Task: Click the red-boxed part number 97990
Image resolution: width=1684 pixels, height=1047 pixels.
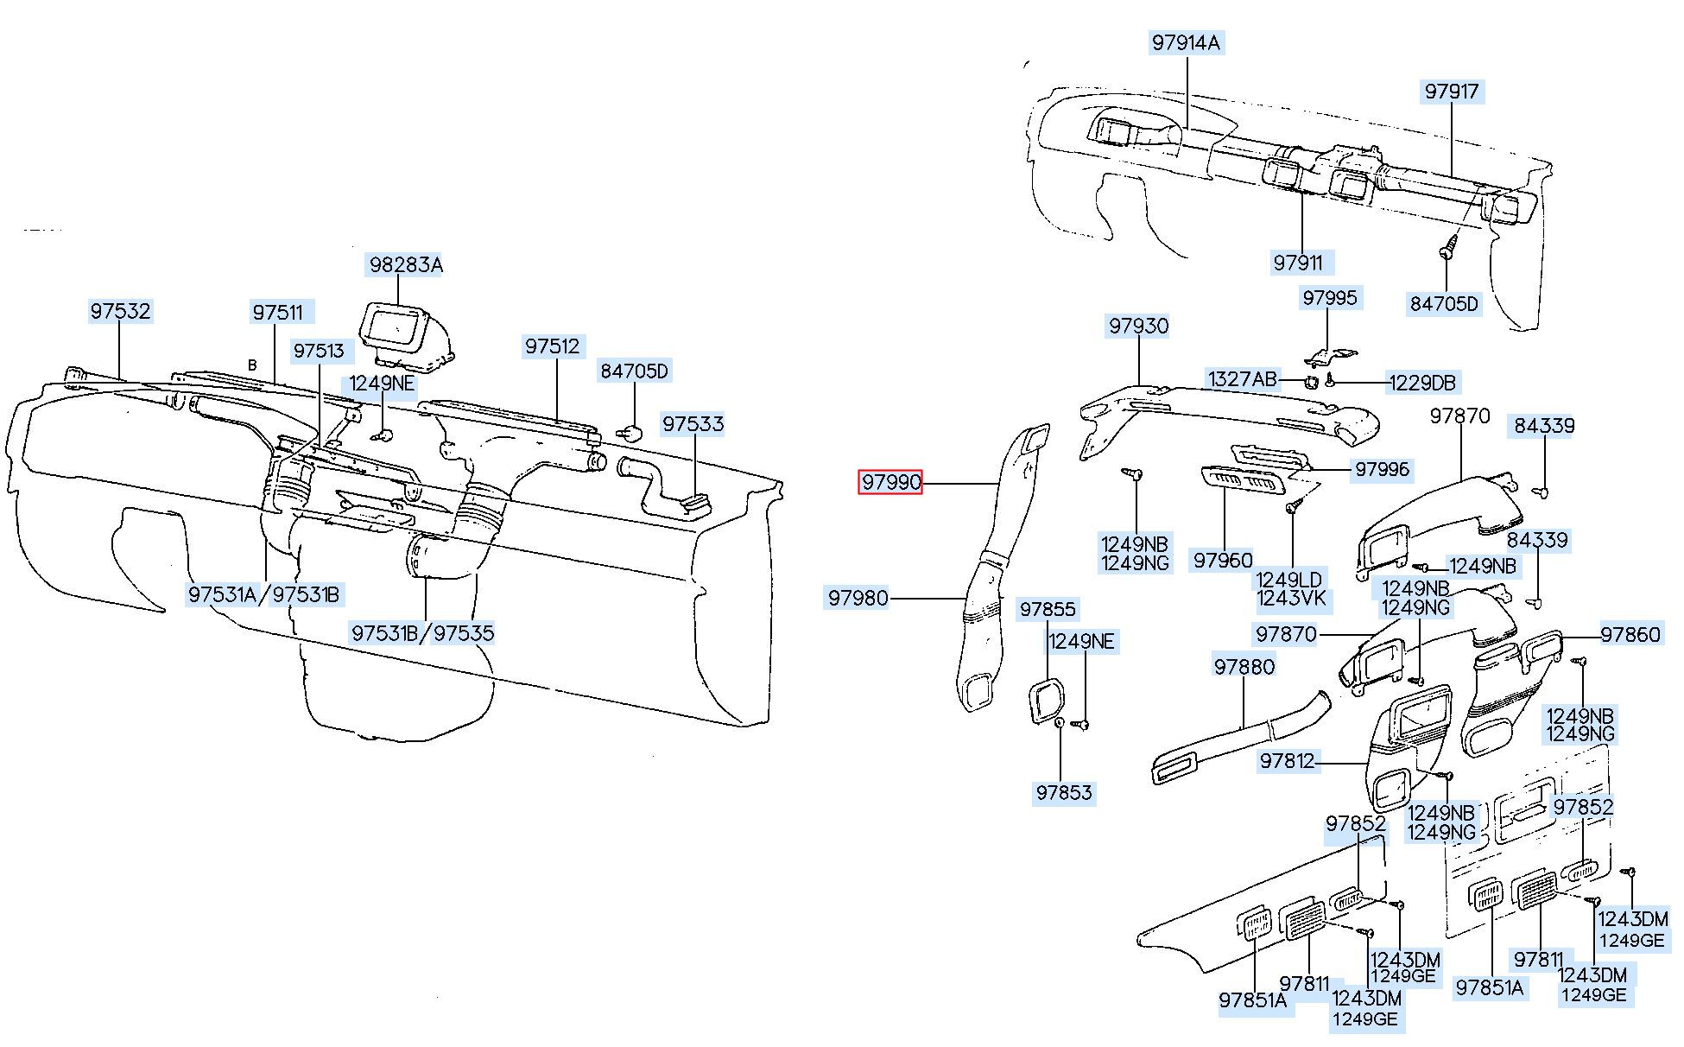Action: coord(890,482)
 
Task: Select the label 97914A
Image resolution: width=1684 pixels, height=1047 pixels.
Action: coord(1186,42)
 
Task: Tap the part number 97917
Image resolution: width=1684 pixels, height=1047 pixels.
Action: coord(1452,91)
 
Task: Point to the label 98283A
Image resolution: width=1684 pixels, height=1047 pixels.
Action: coord(406,264)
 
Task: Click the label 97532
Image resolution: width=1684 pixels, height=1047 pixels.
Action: coord(121,311)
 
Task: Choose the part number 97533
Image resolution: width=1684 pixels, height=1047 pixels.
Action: coord(693,424)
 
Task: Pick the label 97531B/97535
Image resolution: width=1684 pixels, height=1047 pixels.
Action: coord(423,633)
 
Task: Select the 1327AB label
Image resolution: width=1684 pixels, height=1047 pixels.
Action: coord(1242,379)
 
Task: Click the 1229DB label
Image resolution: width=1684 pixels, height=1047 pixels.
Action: coord(1421,383)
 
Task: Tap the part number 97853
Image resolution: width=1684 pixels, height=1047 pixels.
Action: coord(1064,793)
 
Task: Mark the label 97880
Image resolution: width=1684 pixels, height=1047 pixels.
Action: coord(1244,666)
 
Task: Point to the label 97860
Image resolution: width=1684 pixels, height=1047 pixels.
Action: coord(1630,635)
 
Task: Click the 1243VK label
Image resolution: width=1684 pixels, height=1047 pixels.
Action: coord(1293,600)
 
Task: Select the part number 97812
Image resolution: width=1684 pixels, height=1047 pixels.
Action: coord(1287,760)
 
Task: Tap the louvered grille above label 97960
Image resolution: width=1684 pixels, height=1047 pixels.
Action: coord(1244,480)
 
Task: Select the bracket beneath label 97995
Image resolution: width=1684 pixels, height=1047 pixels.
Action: coord(1326,354)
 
